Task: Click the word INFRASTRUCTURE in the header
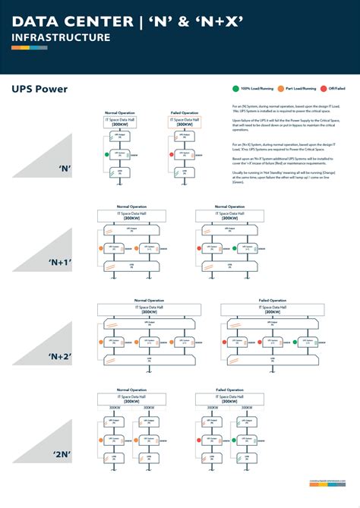(x=61, y=37)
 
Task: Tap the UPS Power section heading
(x=39, y=89)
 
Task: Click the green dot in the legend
(x=235, y=89)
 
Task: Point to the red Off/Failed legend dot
(x=323, y=89)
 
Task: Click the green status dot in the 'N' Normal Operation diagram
(x=108, y=154)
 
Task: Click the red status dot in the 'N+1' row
(x=199, y=248)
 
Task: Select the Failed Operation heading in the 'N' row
(x=184, y=113)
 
